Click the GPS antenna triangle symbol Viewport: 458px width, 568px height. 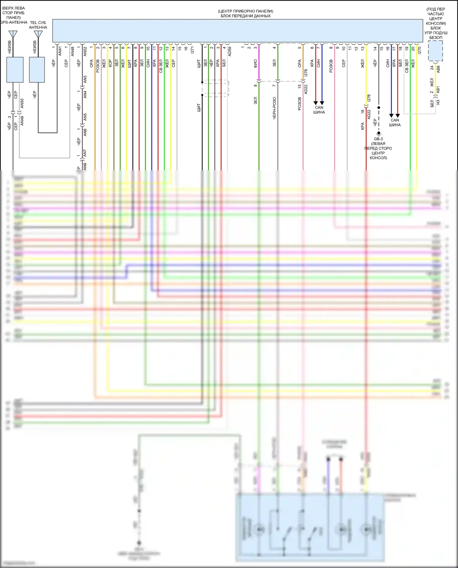pos(13,34)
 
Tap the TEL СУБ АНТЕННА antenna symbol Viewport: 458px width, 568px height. pos(38,34)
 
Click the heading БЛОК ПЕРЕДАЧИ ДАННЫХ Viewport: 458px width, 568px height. pos(245,16)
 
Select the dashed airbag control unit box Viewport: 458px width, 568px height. pos(435,51)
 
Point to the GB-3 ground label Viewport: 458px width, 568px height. pos(378,139)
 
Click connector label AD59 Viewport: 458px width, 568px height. pos(230,51)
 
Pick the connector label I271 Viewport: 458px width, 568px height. pos(192,50)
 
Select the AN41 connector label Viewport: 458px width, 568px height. pos(60,51)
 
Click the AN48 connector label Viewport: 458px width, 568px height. pos(72,51)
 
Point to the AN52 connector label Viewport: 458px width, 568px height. pos(85,51)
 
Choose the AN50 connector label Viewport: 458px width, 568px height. pos(22,103)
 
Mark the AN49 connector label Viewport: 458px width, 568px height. pos(22,121)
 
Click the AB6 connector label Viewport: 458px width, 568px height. pos(438,69)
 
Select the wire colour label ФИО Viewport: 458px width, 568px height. pos(256,63)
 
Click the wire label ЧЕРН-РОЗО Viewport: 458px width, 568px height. pos(274,108)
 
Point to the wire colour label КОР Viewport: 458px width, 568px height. pos(110,63)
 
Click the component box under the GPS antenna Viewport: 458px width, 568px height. pos(15,70)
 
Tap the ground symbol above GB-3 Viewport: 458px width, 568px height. pos(379,133)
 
